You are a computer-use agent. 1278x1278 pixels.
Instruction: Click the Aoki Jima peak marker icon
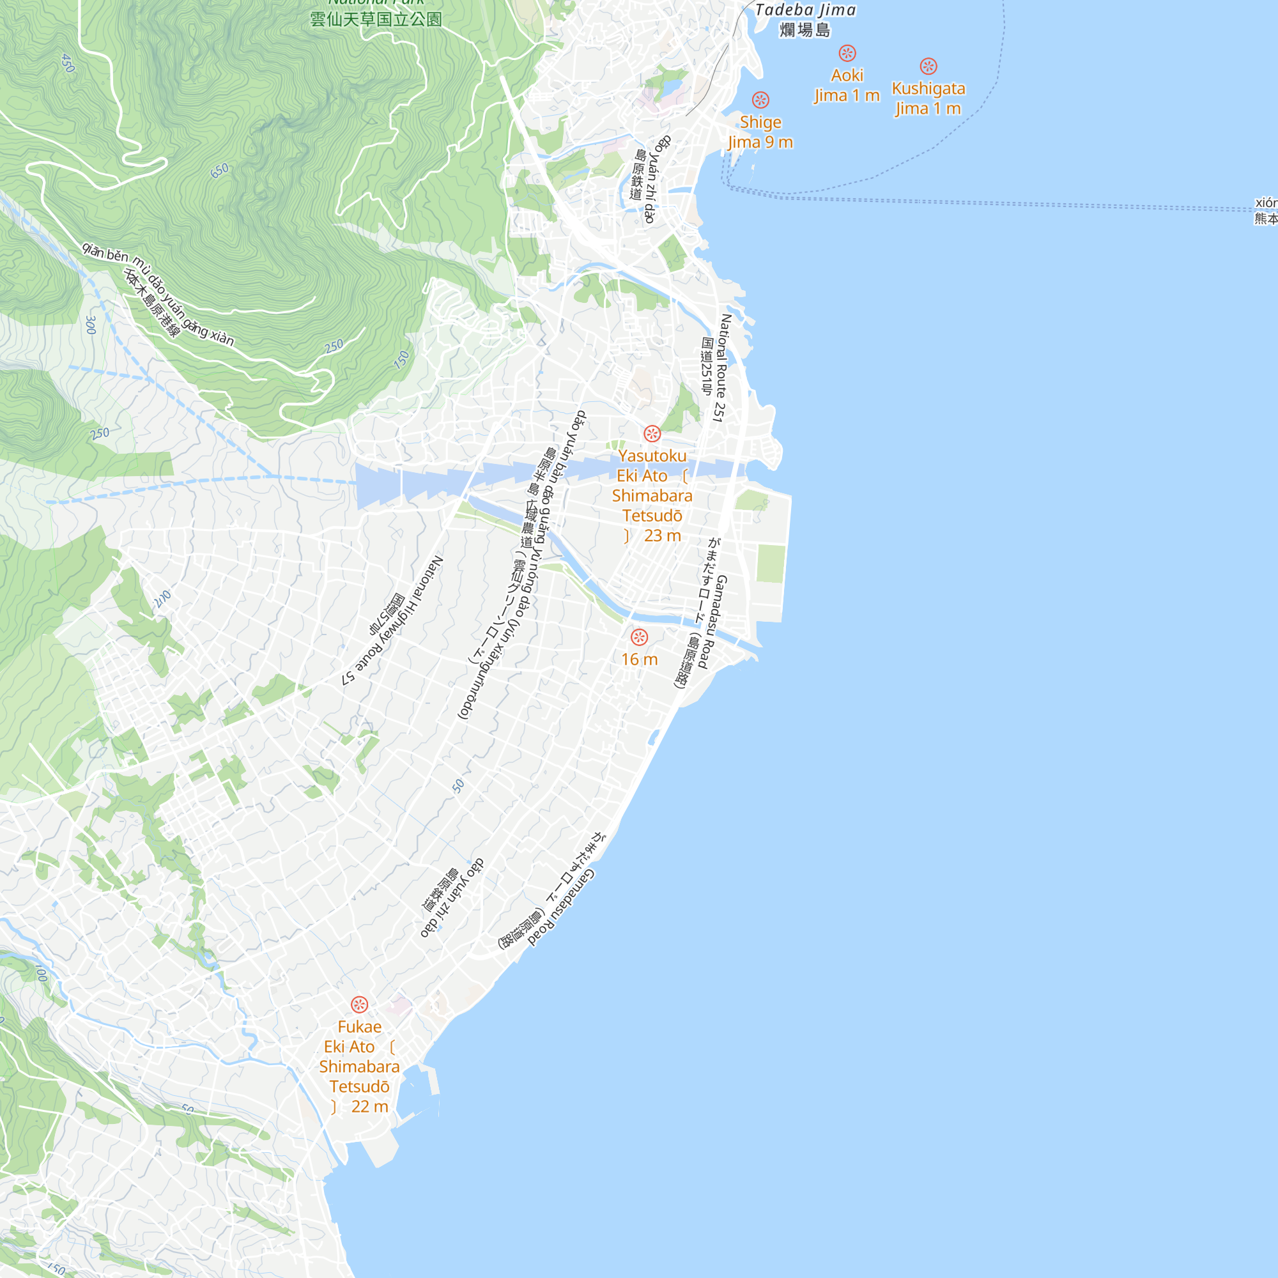tap(847, 53)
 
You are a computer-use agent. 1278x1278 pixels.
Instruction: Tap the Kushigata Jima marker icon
tap(928, 66)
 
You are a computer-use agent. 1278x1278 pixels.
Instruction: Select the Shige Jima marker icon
tap(760, 100)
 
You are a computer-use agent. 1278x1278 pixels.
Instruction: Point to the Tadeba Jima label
tap(805, 11)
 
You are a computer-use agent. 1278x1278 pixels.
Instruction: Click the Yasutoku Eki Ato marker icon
tap(652, 434)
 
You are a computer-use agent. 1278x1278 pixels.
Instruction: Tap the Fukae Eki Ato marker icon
tap(359, 1005)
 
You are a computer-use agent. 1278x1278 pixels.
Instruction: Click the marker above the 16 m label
tap(639, 637)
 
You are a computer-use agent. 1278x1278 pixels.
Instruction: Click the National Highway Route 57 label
tap(393, 620)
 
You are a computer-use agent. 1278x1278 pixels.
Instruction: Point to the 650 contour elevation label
tap(220, 170)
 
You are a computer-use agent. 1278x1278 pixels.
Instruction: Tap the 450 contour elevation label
tap(68, 63)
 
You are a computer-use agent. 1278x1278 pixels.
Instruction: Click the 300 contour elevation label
tap(91, 325)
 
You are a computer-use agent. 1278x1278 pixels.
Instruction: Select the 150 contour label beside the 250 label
tap(401, 359)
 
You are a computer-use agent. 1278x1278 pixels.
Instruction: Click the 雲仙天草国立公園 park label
tap(376, 19)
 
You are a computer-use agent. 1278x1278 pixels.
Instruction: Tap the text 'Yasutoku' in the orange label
tap(652, 456)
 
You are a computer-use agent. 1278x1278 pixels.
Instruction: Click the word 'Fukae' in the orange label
tap(359, 1027)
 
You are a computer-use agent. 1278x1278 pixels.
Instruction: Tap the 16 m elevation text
tap(639, 659)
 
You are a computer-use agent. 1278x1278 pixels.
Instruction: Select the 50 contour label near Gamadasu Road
tap(458, 785)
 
